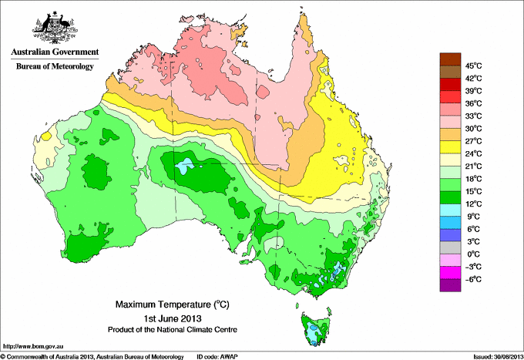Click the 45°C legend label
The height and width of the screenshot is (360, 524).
click(x=474, y=66)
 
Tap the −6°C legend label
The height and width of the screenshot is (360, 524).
click(x=472, y=279)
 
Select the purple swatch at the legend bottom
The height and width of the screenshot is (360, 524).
click(x=448, y=285)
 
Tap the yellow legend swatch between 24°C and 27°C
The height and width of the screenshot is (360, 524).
click(x=448, y=147)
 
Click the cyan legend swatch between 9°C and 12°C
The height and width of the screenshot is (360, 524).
click(x=448, y=210)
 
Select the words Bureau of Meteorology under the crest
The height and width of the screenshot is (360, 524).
click(x=54, y=67)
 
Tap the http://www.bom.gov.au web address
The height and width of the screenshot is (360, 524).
click(x=32, y=345)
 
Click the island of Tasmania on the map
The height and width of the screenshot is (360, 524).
click(x=314, y=327)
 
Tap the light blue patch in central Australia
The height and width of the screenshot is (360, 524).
click(x=183, y=166)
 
